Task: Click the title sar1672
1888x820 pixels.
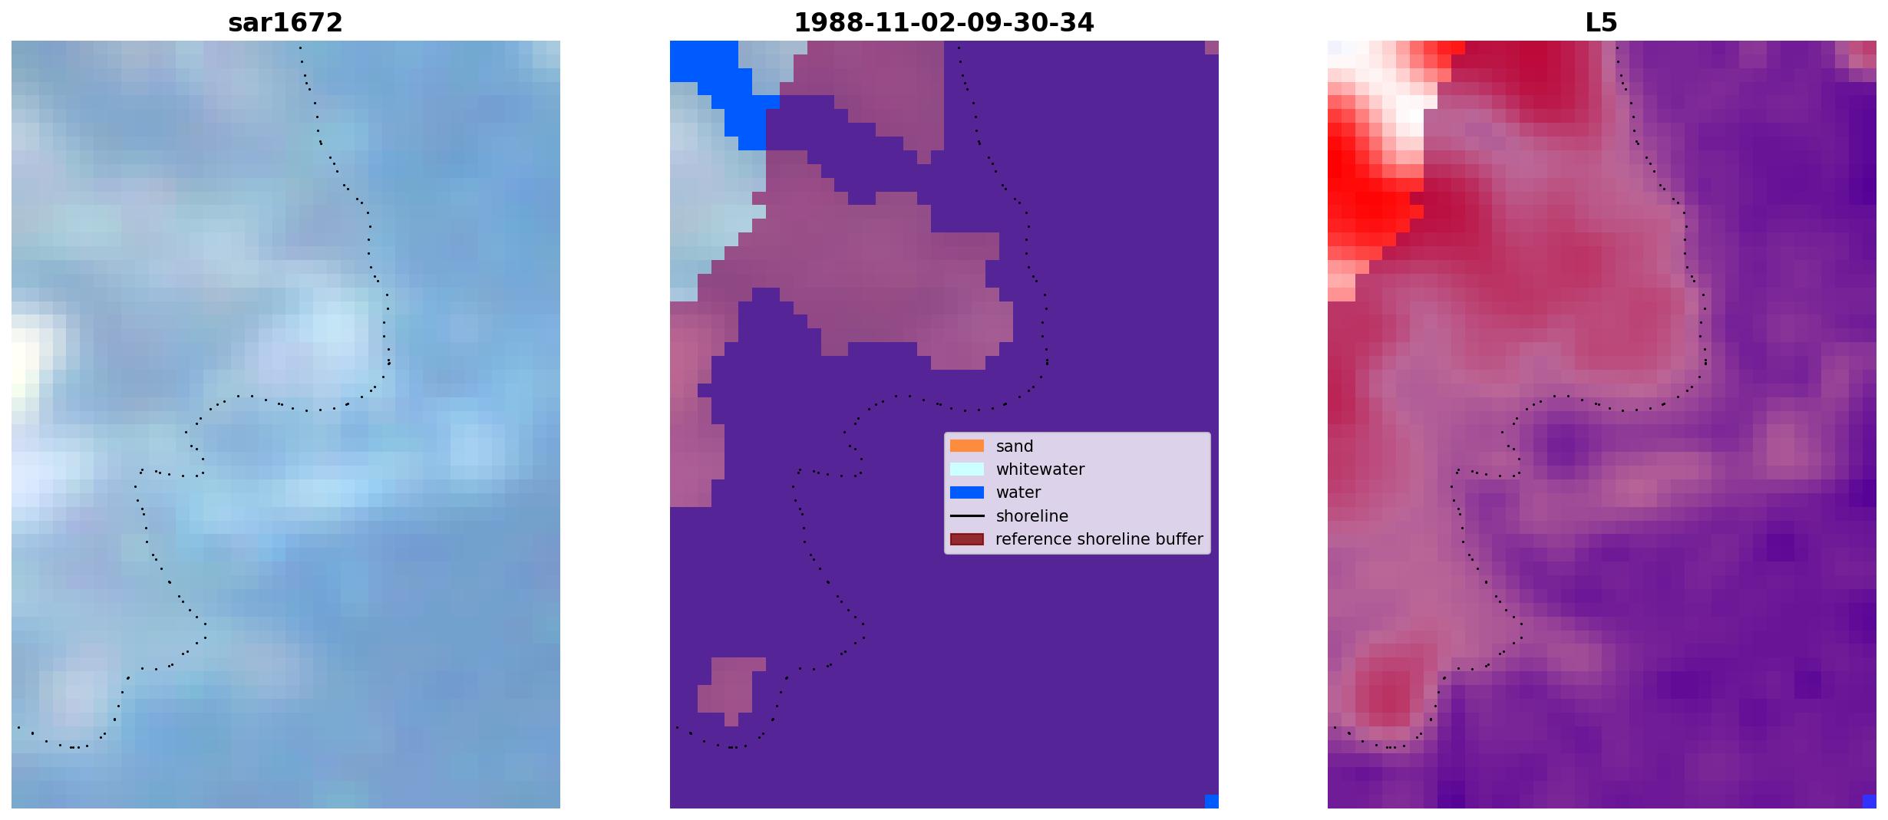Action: (x=285, y=23)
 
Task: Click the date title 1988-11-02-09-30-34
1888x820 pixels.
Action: (x=944, y=23)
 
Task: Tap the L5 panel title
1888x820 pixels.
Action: (x=1602, y=23)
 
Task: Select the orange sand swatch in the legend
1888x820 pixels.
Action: (x=967, y=446)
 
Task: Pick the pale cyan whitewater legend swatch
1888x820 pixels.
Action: (x=967, y=469)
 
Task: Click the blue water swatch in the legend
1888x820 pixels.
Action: (x=967, y=492)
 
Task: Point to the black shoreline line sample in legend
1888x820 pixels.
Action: (x=967, y=516)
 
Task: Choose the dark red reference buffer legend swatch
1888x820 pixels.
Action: (x=967, y=539)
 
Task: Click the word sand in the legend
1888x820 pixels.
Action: (x=1015, y=446)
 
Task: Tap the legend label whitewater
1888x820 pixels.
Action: (x=1040, y=469)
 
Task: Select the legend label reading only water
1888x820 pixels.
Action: (x=1018, y=492)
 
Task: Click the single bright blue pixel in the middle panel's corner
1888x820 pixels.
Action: (x=1212, y=802)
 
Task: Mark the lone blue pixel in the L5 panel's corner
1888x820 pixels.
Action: (x=1870, y=802)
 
